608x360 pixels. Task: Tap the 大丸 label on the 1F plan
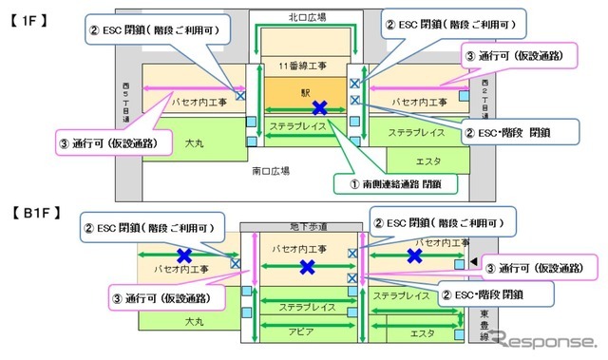coord(195,142)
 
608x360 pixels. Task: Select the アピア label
coord(303,332)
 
